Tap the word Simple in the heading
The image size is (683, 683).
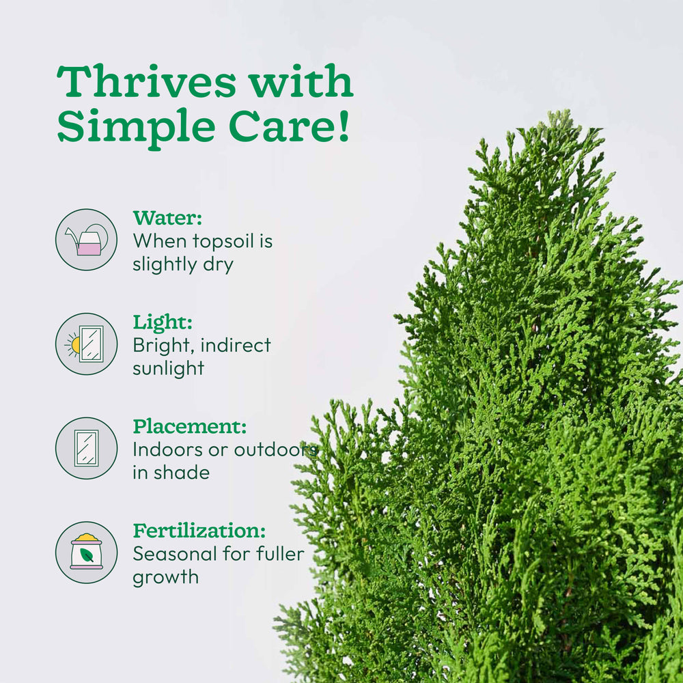(x=137, y=128)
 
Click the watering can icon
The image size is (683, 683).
(x=86, y=240)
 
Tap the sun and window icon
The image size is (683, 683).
(x=86, y=344)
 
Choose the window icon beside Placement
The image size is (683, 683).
(x=86, y=448)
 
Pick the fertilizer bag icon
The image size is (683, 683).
(x=86, y=552)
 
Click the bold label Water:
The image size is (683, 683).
(x=167, y=218)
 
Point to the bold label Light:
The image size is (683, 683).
(x=163, y=322)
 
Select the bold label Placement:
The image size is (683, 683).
(x=189, y=427)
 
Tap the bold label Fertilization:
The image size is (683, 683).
(x=199, y=531)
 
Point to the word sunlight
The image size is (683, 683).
(x=168, y=369)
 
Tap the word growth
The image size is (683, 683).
(x=165, y=577)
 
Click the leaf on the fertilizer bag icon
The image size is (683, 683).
(x=87, y=555)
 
